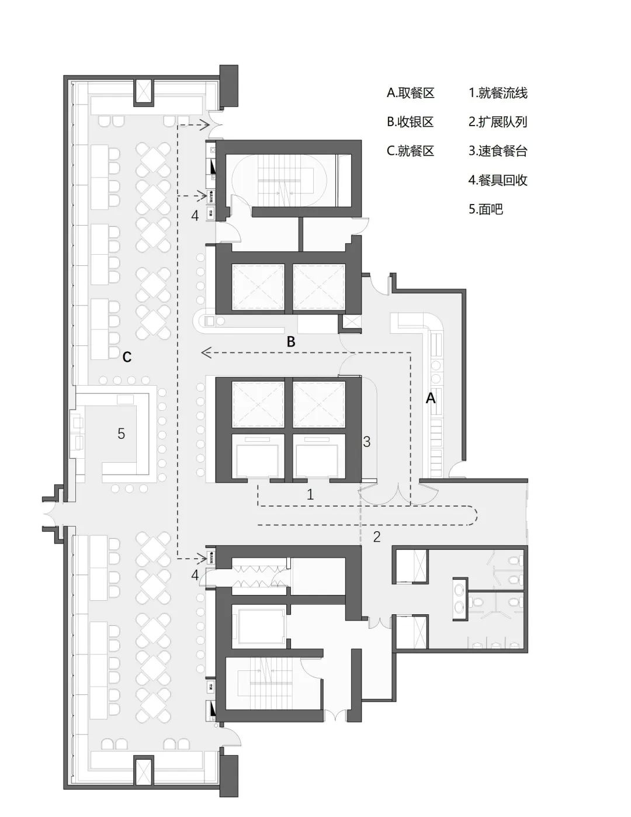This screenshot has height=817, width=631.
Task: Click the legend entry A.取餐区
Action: click(411, 93)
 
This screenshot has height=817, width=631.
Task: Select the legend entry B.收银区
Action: click(411, 122)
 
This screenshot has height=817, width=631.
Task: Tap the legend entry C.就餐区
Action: click(411, 151)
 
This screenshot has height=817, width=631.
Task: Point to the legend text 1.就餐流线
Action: click(498, 93)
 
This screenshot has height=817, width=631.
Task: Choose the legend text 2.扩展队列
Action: click(498, 122)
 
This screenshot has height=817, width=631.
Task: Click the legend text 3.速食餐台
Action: click(498, 151)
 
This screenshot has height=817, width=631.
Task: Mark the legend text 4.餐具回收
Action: click(498, 180)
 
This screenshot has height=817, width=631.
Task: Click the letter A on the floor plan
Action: click(431, 398)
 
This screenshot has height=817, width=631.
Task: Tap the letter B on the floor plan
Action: click(291, 342)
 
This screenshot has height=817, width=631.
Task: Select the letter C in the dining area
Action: click(127, 356)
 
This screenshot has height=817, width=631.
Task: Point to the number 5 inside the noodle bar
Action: click(122, 434)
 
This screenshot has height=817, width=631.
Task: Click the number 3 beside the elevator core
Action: click(367, 442)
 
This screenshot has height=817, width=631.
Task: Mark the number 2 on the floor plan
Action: click(377, 536)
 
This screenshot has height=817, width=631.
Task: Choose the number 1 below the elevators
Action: click(310, 494)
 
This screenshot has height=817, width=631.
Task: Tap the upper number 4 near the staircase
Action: click(195, 216)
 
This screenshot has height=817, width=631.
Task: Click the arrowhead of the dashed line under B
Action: click(204, 352)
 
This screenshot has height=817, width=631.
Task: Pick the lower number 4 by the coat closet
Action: click(195, 575)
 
